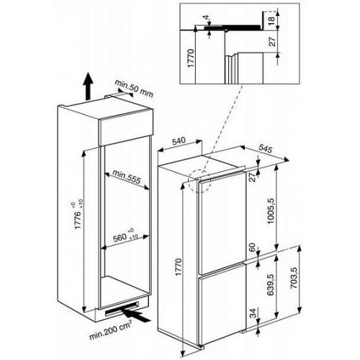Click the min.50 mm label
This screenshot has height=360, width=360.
[x=134, y=89]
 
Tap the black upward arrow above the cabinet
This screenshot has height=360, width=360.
[x=88, y=86]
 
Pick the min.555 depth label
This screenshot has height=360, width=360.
[x=126, y=177]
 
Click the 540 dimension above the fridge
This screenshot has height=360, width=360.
[x=179, y=140]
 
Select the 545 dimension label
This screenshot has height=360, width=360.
[x=266, y=149]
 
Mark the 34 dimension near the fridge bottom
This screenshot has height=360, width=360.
[x=252, y=312]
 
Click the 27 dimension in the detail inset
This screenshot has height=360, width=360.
[x=271, y=41]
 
